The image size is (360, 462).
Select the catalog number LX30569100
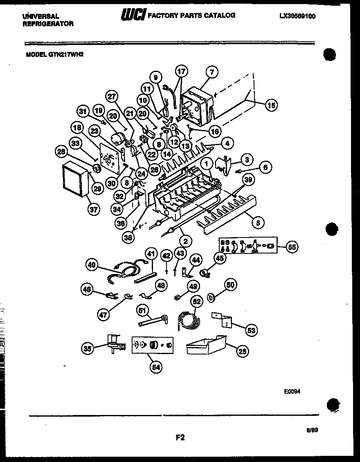(297, 16)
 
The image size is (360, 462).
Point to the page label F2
(180, 437)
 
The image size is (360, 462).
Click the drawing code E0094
(292, 391)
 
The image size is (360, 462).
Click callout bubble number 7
(211, 72)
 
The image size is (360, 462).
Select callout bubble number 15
(270, 105)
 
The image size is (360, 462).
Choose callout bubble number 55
(292, 247)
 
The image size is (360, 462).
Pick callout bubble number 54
(156, 367)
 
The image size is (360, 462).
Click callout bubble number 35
(87, 348)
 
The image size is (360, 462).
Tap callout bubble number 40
(92, 265)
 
